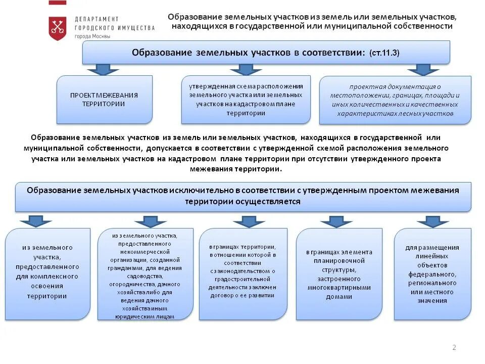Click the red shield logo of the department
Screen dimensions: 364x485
coord(58,28)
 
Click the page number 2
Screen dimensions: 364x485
coord(454,347)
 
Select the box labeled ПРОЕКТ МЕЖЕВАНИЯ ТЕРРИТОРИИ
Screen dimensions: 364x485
coord(104,100)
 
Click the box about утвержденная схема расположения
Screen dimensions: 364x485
coord(246,100)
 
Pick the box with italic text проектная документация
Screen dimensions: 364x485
coord(395,100)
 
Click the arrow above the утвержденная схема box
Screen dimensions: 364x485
coord(245,69)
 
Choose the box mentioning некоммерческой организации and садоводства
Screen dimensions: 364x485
coord(145,275)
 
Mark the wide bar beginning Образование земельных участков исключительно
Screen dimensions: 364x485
coord(243,196)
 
